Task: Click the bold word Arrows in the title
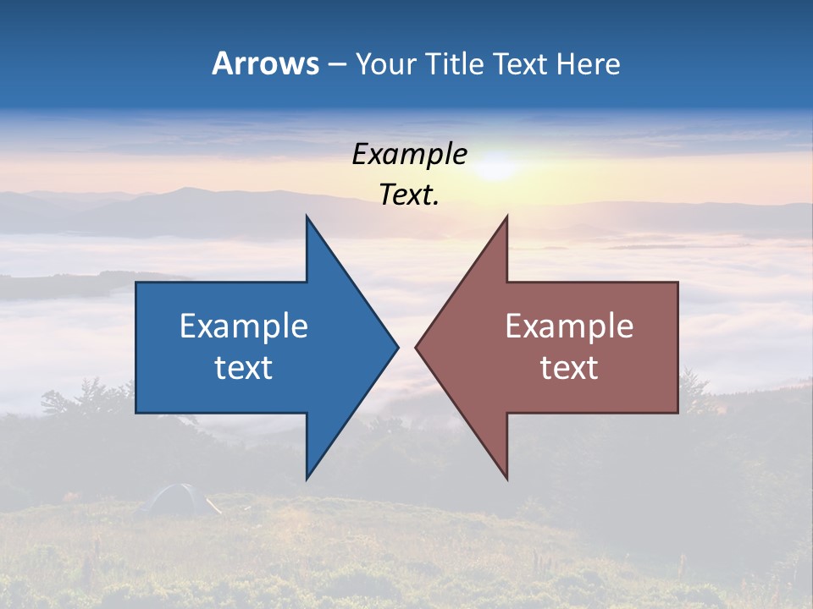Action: click(x=265, y=63)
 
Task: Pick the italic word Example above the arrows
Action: click(x=410, y=154)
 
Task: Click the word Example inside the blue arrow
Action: click(x=244, y=326)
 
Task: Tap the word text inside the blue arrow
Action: click(x=244, y=367)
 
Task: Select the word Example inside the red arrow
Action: click(x=569, y=326)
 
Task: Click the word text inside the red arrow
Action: click(x=569, y=367)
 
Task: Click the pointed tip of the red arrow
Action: click(x=417, y=346)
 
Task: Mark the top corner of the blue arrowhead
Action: click(x=307, y=217)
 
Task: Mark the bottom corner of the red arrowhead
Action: click(x=506, y=478)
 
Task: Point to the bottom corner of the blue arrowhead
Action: click(x=307, y=478)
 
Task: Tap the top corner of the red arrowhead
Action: click(x=506, y=217)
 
